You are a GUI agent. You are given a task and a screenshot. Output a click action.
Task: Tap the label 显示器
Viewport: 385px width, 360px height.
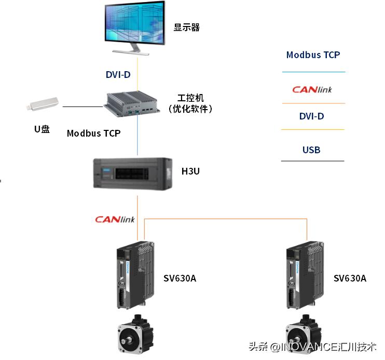(x=187, y=28)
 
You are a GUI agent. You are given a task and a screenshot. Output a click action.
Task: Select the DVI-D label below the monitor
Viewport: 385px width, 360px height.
(x=118, y=75)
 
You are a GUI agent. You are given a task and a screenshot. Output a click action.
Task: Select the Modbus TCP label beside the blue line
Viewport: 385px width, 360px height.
(x=93, y=134)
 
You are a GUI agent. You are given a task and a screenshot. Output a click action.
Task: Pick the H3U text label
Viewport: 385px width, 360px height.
(x=190, y=171)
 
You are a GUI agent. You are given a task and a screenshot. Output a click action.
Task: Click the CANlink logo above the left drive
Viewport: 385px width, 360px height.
(x=115, y=219)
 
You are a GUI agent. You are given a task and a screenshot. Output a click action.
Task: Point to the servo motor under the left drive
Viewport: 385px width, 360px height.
(x=133, y=334)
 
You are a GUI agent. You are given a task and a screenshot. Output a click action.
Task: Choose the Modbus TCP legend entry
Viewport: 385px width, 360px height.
(x=313, y=55)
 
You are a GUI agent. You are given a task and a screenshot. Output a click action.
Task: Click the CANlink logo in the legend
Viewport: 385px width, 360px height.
(x=312, y=89)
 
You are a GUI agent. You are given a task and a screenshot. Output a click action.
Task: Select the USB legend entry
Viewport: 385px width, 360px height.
(x=311, y=150)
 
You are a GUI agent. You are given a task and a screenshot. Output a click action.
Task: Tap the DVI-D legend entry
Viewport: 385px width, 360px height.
(x=311, y=116)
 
